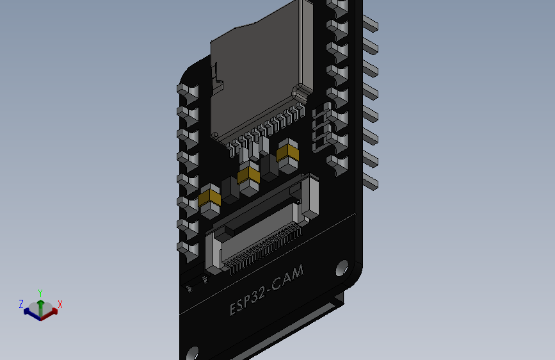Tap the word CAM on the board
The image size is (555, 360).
[x=288, y=277]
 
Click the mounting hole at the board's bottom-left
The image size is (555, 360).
[x=193, y=354]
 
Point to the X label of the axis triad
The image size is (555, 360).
[x=60, y=304]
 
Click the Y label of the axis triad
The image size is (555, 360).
[x=40, y=293]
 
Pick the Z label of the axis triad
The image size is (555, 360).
[x=21, y=304]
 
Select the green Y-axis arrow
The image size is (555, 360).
[x=40, y=305]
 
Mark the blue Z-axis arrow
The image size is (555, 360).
[x=30, y=312]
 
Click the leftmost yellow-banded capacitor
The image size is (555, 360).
[x=210, y=200]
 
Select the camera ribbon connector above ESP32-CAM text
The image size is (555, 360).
[x=256, y=240]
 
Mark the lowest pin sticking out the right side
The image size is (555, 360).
[x=371, y=181]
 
